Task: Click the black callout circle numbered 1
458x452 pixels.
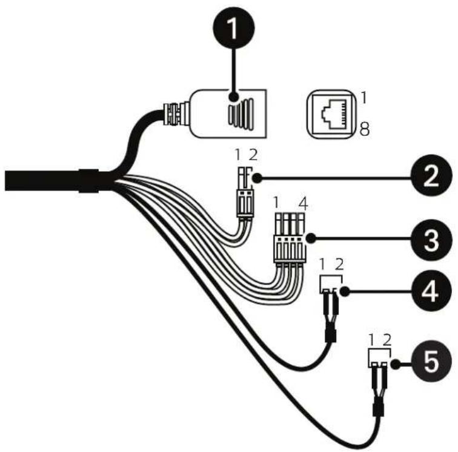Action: pyautogui.click(x=233, y=28)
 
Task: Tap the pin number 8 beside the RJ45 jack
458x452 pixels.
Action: pyautogui.click(x=365, y=129)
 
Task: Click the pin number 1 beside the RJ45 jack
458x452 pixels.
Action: pyautogui.click(x=364, y=98)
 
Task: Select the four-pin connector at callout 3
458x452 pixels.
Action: pyautogui.click(x=290, y=238)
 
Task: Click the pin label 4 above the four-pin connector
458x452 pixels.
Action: pyautogui.click(x=304, y=204)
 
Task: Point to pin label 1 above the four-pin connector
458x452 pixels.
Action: pyautogui.click(x=276, y=203)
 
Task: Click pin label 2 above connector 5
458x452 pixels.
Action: pyautogui.click(x=387, y=340)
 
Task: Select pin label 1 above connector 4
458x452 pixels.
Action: pyautogui.click(x=322, y=265)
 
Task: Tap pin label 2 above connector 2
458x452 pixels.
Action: pyautogui.click(x=253, y=155)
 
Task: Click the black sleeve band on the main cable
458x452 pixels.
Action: pyautogui.click(x=89, y=181)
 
